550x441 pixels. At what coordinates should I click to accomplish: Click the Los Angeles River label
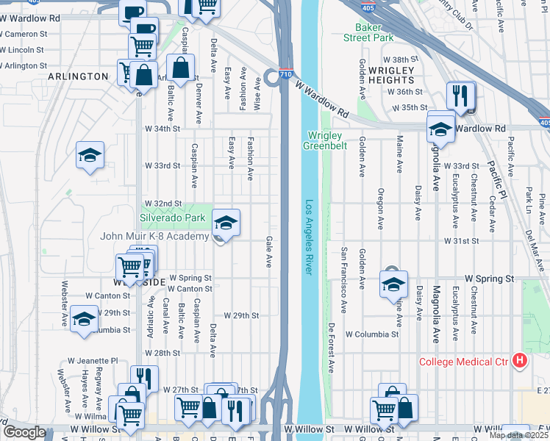coord(310,237)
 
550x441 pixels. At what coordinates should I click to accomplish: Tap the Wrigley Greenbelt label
coord(326,140)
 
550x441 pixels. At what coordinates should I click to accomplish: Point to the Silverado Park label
coord(173,218)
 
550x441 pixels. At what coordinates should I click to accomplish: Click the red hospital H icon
coord(521,361)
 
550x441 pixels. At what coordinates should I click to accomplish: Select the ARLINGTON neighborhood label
coord(79,76)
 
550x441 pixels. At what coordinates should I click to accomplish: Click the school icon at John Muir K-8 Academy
coord(226,223)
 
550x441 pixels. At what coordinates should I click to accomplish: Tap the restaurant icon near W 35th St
coord(461,96)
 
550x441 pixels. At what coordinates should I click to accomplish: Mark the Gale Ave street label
coord(269,251)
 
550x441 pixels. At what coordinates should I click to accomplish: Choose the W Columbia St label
coord(373,334)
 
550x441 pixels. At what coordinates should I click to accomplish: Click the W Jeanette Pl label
coord(93,361)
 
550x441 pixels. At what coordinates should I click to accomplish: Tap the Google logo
coord(24,433)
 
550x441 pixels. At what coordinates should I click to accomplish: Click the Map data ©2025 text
coord(518,435)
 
